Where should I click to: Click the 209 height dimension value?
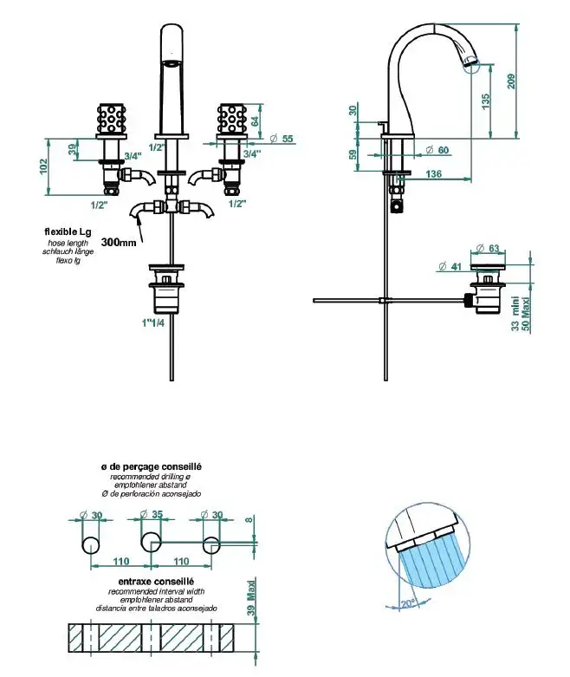(x=515, y=81)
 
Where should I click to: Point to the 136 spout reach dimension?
(x=435, y=173)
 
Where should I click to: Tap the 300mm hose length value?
(x=119, y=243)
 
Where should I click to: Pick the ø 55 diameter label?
(x=282, y=138)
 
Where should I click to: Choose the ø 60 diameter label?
(x=437, y=150)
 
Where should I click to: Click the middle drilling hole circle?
(x=150, y=544)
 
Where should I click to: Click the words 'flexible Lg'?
(x=68, y=231)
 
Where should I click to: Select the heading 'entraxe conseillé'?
(x=155, y=582)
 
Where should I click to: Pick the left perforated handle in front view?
(x=112, y=119)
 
